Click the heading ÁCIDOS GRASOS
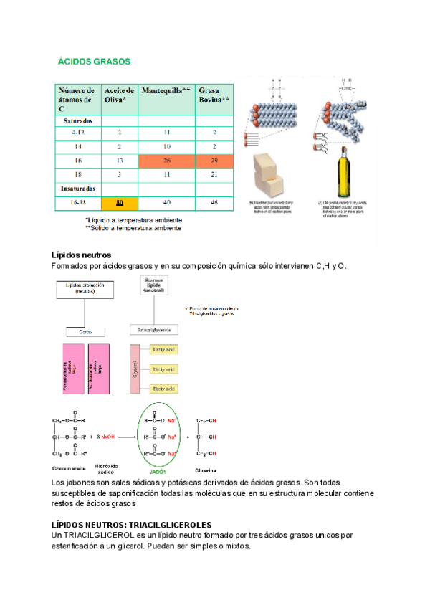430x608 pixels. coord(94,62)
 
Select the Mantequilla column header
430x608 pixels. coord(166,91)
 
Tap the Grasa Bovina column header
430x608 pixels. coord(214,95)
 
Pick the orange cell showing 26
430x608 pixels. coord(166,160)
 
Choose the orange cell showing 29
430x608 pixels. coord(214,160)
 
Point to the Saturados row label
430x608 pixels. coord(77,120)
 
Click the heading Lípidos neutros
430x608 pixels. coord(80,255)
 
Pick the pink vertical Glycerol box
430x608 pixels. coord(133,368)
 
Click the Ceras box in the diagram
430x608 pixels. coord(85,331)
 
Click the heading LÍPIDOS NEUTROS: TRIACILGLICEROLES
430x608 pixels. coord(132,526)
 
